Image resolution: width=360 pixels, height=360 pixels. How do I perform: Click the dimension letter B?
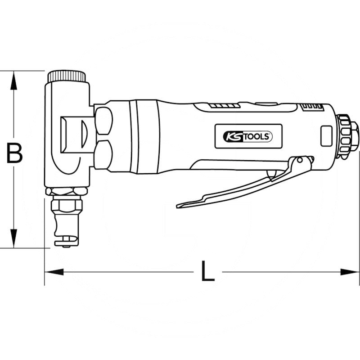[x=14, y=153]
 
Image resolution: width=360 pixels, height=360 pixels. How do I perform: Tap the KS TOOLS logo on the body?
[x=248, y=137]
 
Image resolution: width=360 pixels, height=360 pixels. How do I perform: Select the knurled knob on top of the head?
[x=67, y=76]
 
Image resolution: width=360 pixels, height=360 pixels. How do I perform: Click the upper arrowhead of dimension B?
[x=14, y=81]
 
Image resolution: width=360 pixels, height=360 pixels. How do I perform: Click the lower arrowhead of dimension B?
[x=14, y=238]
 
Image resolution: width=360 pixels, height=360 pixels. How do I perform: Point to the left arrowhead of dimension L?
[x=54, y=272]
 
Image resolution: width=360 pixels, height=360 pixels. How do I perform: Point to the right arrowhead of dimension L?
[x=350, y=272]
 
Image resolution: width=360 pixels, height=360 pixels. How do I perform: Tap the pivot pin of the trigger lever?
[x=300, y=160]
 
